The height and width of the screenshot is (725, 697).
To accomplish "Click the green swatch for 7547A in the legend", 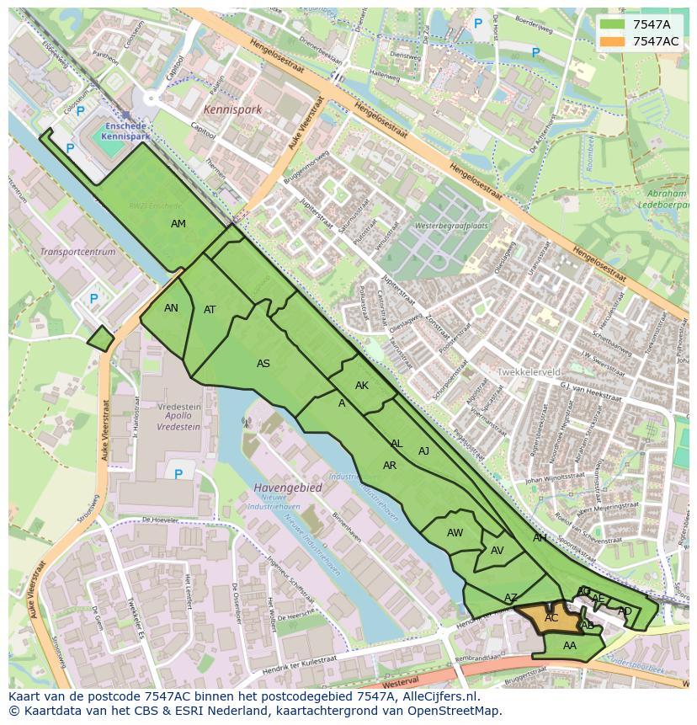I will [612, 24].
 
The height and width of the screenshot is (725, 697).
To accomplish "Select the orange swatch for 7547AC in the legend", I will [612, 41].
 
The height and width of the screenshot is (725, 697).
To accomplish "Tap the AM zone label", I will [178, 224].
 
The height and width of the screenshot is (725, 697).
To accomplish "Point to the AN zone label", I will [171, 308].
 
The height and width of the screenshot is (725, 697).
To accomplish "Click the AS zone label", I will [263, 364].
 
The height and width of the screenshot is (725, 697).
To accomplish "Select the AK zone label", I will [362, 386].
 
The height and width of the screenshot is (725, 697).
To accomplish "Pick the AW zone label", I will [455, 533].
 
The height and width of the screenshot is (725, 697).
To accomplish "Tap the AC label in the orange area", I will [551, 618].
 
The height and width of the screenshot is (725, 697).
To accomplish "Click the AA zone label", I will [570, 646].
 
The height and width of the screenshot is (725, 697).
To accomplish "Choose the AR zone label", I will [390, 466].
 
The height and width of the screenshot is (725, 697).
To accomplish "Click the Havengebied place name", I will [287, 488].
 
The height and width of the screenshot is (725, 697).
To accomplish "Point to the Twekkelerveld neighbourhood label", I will [529, 371].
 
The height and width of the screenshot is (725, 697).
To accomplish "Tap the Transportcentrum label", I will [77, 252].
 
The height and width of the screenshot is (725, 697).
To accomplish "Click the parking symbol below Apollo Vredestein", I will [178, 474].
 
